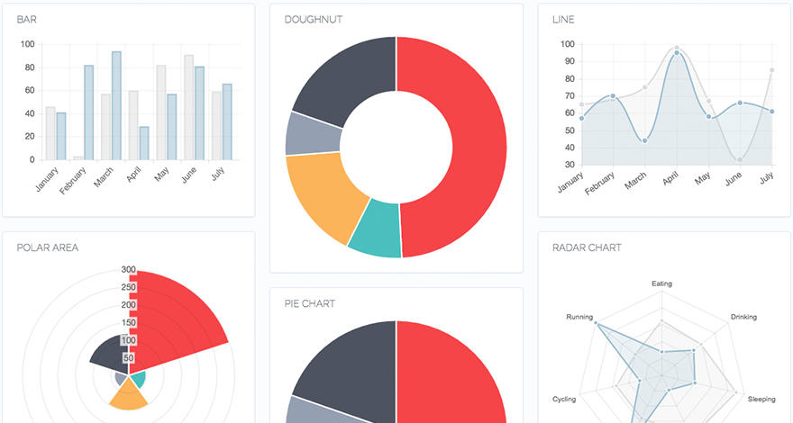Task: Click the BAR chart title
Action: tap(26, 19)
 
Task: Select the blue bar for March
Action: tap(116, 105)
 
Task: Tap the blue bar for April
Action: tap(144, 143)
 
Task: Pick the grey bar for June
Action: tap(188, 107)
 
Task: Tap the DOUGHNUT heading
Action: tap(313, 19)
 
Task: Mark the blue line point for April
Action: tap(677, 53)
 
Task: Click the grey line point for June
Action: tap(741, 160)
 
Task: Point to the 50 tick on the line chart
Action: tap(567, 130)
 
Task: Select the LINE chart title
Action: tap(563, 19)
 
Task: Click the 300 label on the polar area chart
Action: tap(129, 269)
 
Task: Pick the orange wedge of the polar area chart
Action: tap(129, 397)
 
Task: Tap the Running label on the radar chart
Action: tap(579, 318)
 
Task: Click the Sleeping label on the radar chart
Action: tap(761, 399)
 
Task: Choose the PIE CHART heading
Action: tap(309, 303)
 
